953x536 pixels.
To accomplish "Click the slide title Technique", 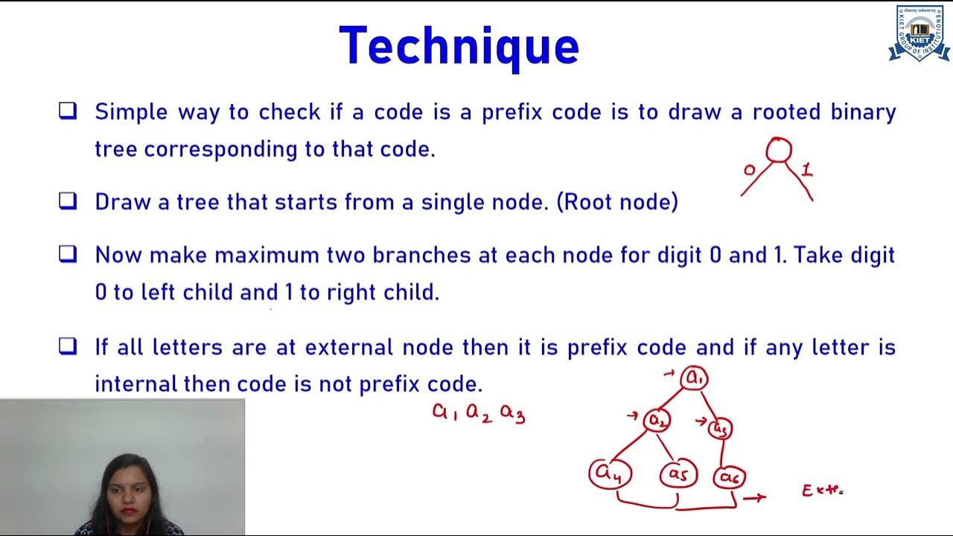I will (459, 46).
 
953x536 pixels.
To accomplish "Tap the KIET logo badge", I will (919, 33).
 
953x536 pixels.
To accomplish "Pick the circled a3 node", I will (720, 428).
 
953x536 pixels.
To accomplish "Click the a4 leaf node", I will (610, 473).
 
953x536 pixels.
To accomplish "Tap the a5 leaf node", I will (678, 474).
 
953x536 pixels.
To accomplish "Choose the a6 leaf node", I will (728, 476).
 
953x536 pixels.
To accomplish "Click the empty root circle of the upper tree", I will (778, 150).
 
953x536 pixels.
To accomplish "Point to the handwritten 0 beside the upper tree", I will (749, 170).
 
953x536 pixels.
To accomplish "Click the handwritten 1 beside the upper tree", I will (806, 170).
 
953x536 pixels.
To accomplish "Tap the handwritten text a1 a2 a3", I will (479, 413).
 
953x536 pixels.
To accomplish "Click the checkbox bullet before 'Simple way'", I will (68, 112).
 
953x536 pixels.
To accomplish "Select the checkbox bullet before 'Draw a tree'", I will (68, 201).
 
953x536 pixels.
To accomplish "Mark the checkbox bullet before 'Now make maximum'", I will (68, 255).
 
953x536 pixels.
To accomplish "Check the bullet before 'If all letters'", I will (68, 347).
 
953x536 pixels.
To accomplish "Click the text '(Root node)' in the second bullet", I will (617, 202).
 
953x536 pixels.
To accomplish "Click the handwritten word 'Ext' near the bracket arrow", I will (821, 491).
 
